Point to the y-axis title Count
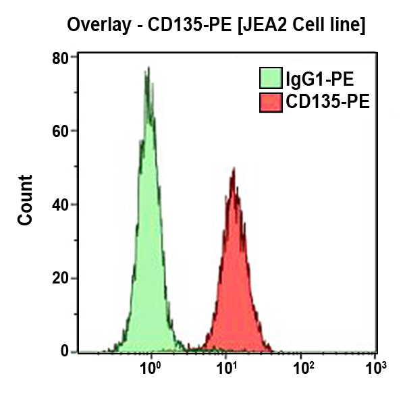point(25,200)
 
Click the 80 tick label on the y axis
point(61,58)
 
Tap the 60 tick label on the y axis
point(61,131)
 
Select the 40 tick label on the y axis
point(61,205)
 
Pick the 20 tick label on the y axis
point(61,278)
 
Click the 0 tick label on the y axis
point(65,351)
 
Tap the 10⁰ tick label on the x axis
point(150,369)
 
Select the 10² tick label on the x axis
point(303,369)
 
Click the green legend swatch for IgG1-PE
point(271,79)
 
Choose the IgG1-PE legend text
point(319,80)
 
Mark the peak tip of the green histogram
point(147,67)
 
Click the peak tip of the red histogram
point(233,169)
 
